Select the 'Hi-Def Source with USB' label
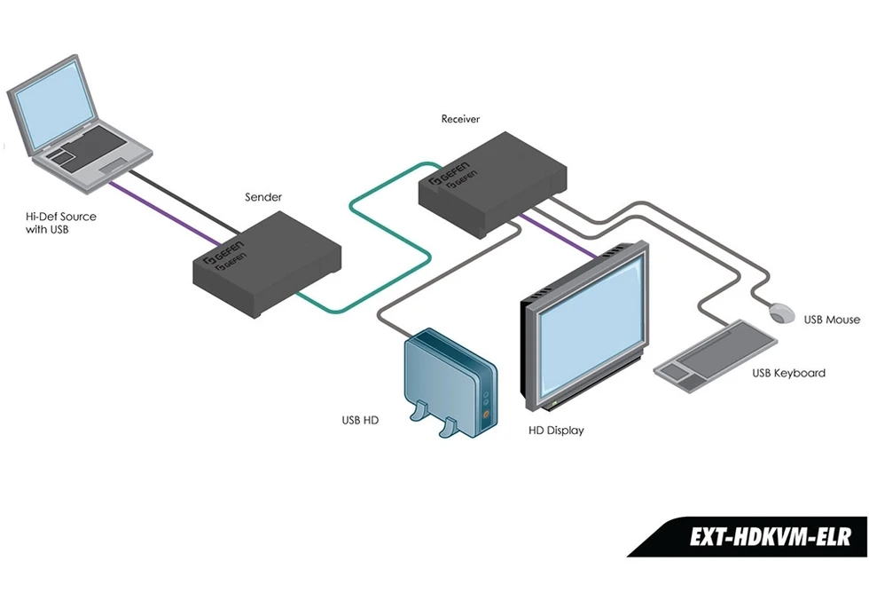(x=61, y=223)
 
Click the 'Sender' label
(x=263, y=197)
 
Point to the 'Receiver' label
(x=461, y=118)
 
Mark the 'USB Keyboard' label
(x=788, y=373)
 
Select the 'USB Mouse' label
(x=832, y=320)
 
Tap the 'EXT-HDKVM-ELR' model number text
(x=770, y=537)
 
